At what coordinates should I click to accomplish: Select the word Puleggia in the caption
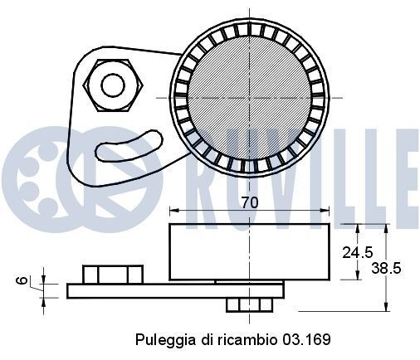tap(161, 340)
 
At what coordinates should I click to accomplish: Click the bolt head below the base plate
tap(243, 305)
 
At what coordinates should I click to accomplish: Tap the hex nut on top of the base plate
tap(113, 274)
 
